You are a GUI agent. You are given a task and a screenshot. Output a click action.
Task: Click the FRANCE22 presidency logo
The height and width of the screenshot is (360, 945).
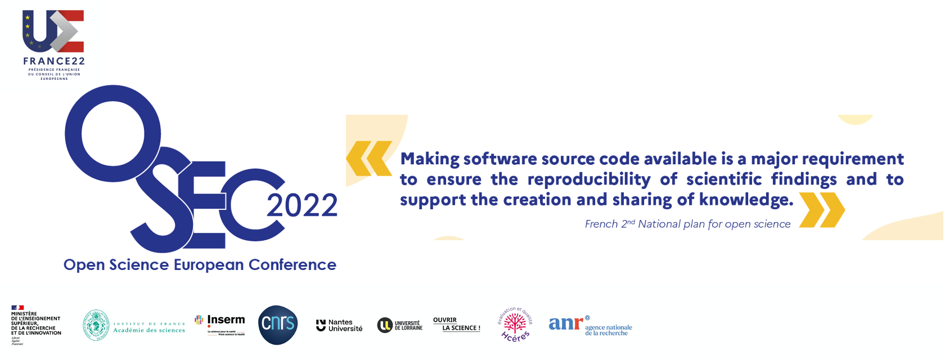[53, 44]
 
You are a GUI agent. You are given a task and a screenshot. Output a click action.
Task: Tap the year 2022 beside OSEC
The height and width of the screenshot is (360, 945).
[302, 205]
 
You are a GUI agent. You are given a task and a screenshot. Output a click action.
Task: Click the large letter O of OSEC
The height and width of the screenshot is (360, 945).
[112, 134]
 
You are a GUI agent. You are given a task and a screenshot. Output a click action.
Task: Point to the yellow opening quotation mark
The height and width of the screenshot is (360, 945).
[369, 159]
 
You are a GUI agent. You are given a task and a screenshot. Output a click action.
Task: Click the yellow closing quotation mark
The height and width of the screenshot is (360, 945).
[822, 210]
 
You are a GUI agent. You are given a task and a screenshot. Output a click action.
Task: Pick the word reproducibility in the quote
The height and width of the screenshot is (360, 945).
[589, 179]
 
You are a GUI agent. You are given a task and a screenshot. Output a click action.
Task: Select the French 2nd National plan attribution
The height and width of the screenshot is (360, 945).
[687, 224]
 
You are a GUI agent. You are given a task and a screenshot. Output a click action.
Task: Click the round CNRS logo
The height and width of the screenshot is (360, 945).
[278, 325]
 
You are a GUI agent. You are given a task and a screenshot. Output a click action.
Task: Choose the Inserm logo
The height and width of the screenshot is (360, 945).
[220, 323]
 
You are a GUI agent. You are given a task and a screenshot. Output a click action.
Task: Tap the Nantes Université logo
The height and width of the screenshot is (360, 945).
[339, 325]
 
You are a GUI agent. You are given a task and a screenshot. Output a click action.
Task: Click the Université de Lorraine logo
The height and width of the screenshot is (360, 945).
[400, 325]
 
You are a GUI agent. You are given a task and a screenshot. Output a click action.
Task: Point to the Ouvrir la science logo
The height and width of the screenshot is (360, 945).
[456, 324]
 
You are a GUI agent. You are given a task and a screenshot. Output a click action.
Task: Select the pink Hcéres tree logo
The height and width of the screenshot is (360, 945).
[515, 325]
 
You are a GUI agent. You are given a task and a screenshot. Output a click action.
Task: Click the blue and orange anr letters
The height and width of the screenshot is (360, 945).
[565, 323]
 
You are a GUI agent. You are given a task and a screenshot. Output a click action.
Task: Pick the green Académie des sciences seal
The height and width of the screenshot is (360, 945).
[96, 325]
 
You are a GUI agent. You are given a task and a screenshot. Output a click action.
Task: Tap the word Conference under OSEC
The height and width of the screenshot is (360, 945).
[292, 265]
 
